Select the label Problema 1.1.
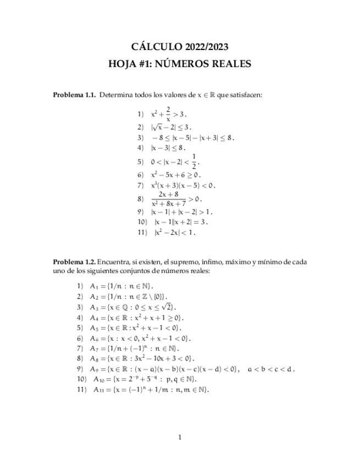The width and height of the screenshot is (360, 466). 74,95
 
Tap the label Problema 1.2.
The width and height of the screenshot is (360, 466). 74,262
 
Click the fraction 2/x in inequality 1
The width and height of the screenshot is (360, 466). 168,114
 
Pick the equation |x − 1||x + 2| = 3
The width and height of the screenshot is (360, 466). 181,222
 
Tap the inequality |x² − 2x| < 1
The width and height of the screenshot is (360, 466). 173,232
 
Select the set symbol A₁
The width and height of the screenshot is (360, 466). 95,286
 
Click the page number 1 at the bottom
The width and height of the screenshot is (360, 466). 180,437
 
